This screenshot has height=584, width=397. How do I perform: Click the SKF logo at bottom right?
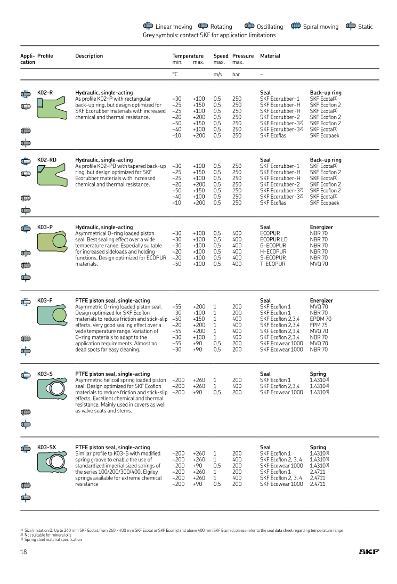tap(369, 552)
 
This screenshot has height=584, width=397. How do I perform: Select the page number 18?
tap(23, 552)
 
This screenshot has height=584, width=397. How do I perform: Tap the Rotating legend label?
tap(221, 27)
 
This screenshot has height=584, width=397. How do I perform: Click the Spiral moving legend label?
tap(321, 27)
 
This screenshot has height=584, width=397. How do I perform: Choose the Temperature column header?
tap(188, 56)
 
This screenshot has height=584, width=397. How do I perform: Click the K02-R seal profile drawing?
tap(52, 109)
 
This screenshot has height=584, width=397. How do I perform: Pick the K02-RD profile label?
tap(47, 160)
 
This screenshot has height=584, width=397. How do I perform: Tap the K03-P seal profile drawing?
tap(52, 243)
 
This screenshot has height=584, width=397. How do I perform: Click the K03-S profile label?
tap(45, 374)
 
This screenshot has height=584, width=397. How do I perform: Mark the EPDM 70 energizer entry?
tap(320, 319)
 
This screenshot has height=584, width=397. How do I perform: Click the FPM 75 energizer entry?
tap(319, 325)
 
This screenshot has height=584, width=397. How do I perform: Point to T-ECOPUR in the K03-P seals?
tap(273, 264)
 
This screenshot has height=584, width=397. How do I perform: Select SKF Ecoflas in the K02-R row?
tap(273, 135)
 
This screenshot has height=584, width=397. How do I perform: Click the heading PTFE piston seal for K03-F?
tap(112, 301)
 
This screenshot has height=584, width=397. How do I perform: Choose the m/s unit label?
tap(217, 75)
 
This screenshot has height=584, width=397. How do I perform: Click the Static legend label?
tap(365, 27)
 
